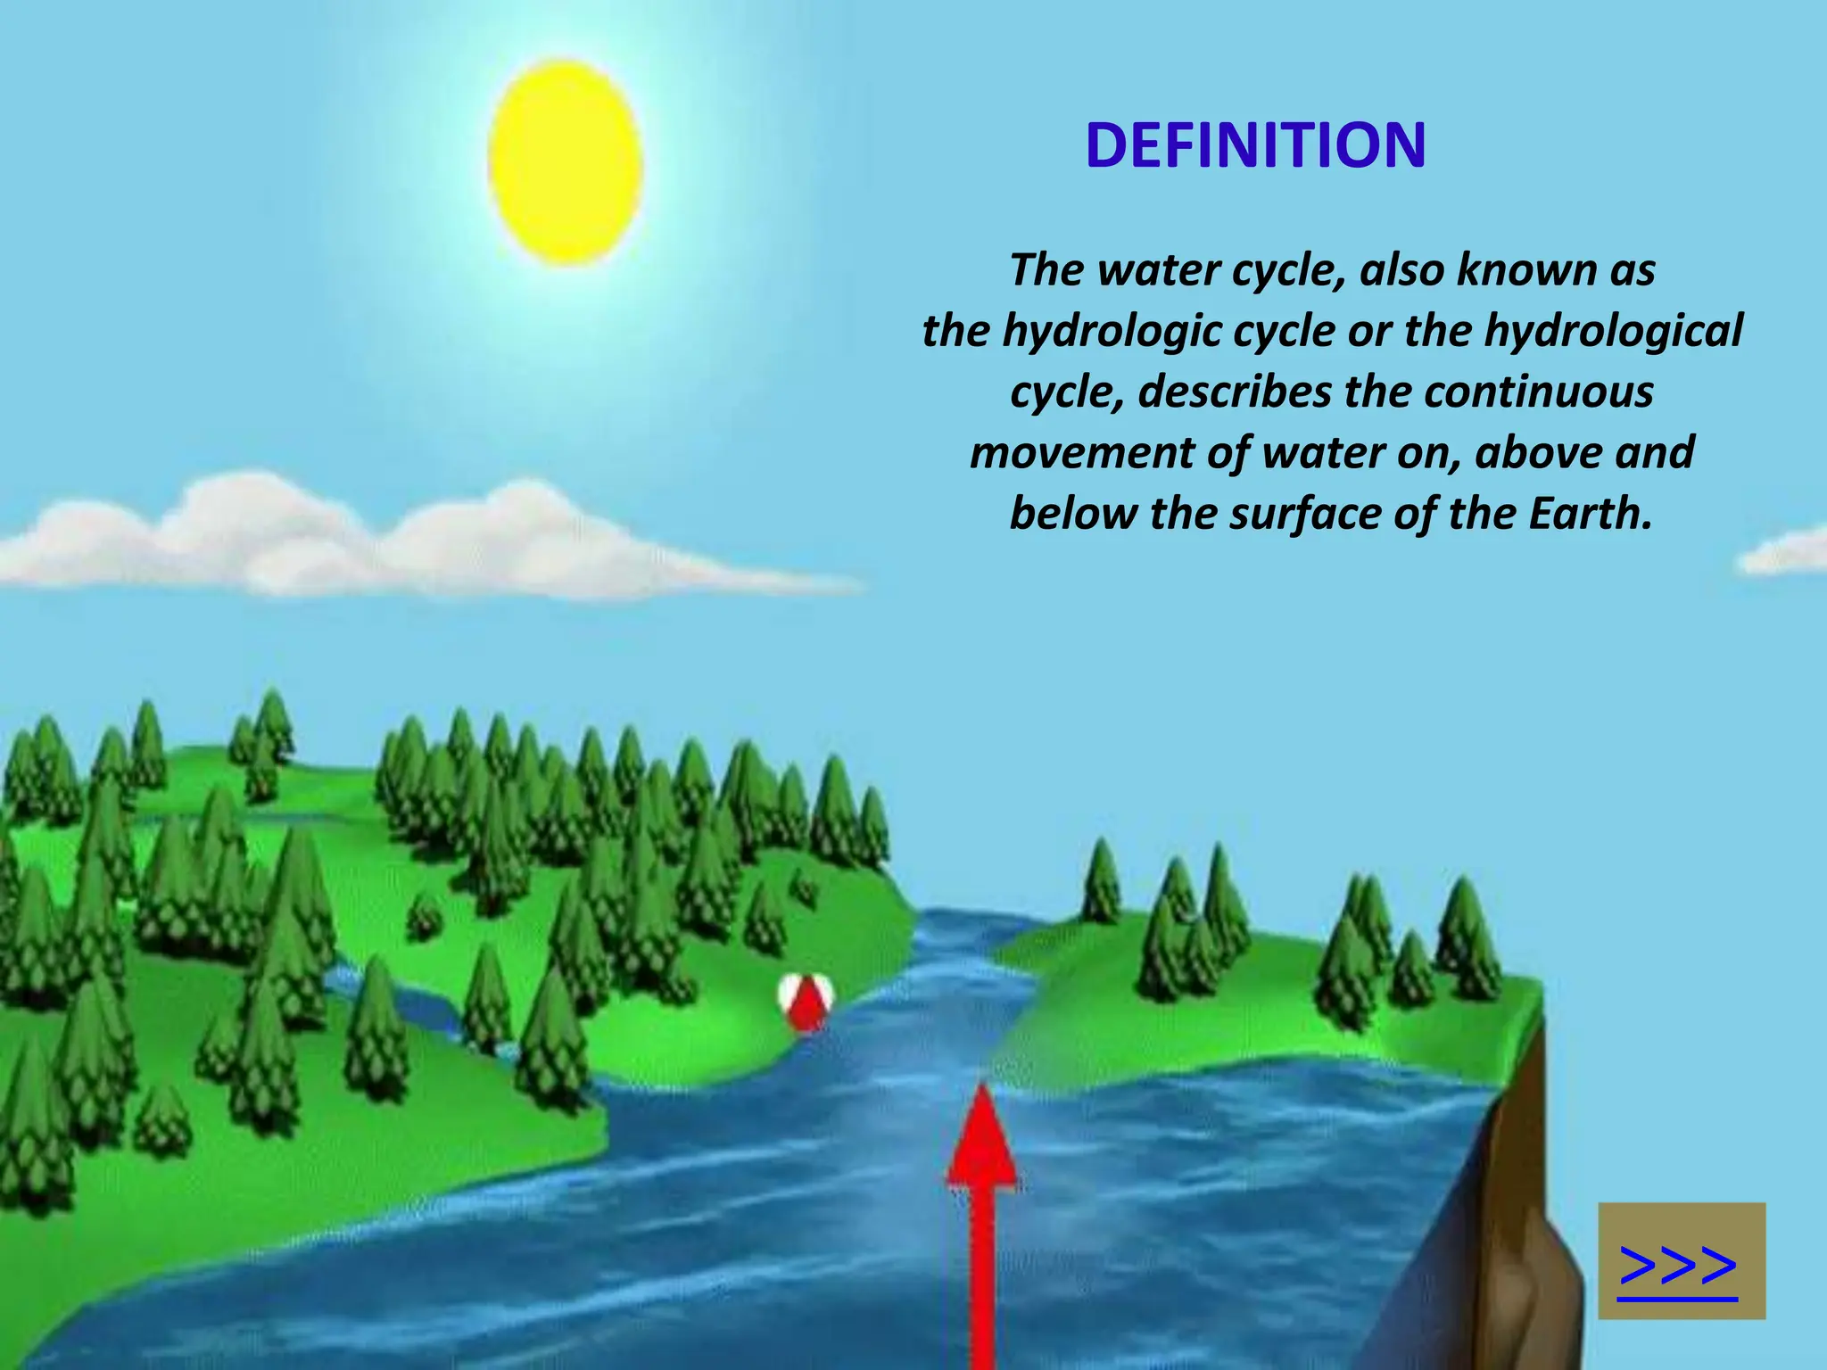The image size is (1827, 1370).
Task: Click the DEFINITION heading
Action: pyautogui.click(x=1255, y=145)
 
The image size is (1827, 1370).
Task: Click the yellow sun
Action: pyautogui.click(x=566, y=162)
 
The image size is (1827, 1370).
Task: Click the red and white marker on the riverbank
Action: pyautogui.click(x=806, y=1001)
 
